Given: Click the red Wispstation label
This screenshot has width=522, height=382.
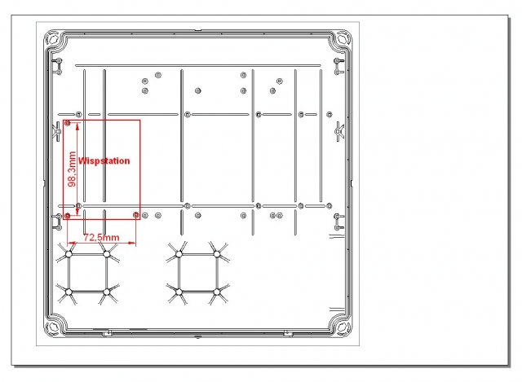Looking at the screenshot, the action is tap(104, 161).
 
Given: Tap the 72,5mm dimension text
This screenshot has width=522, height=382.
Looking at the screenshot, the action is tap(101, 237).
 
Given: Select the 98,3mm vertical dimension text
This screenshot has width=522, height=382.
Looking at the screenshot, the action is tap(72, 169).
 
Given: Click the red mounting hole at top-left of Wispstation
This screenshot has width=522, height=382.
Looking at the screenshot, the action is tap(68, 123).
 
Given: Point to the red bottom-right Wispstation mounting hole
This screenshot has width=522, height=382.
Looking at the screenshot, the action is tap(136, 216).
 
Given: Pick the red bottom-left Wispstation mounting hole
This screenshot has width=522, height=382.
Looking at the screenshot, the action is tap(68, 216).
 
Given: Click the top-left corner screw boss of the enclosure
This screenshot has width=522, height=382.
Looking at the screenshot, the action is tap(52, 38).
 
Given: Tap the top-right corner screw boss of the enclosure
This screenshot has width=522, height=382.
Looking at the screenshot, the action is tap(343, 38).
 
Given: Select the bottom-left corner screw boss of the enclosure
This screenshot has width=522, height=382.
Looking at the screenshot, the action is tap(52, 327).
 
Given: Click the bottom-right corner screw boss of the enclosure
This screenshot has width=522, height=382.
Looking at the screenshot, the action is tap(343, 327).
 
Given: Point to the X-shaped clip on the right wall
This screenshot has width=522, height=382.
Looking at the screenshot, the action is tap(339, 132).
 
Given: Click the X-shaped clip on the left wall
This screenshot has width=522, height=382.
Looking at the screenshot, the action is tap(57, 132).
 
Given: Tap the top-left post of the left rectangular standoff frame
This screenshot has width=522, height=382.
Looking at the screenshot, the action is tap(69, 254).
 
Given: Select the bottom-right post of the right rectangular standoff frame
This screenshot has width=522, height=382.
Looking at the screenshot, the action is tap(217, 292).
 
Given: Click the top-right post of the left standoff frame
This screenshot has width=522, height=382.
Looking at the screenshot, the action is tap(107, 254).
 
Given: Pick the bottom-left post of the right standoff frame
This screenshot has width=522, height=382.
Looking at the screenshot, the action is tap(179, 292).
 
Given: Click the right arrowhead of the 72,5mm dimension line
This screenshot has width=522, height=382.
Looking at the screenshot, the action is tap(132, 244).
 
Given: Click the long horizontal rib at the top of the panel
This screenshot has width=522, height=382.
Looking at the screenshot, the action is tap(198, 65).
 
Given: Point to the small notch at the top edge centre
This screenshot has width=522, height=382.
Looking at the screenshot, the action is tap(197, 30).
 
